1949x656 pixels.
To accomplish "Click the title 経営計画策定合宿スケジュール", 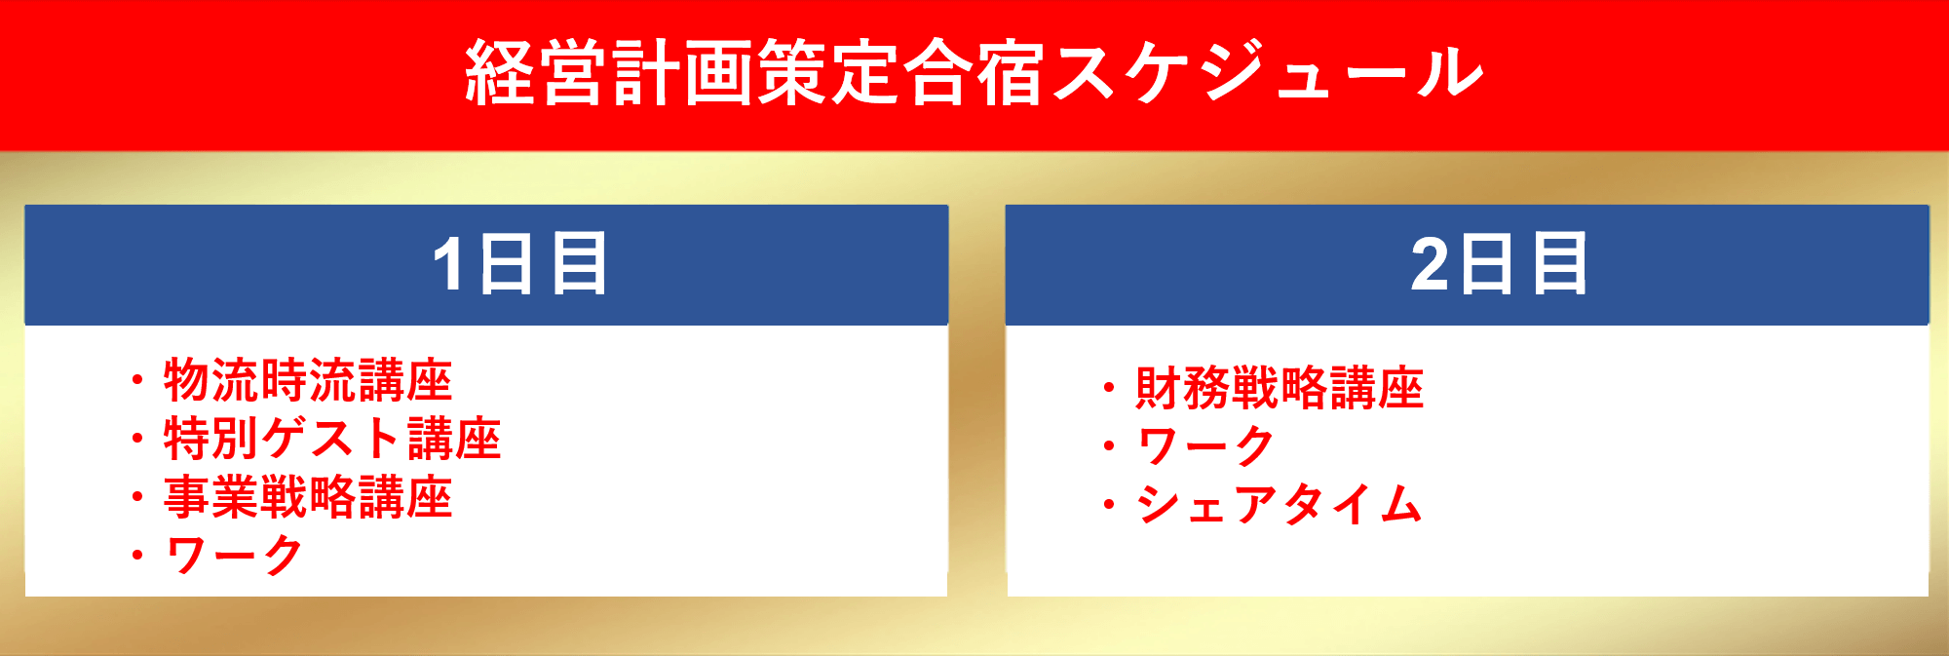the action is (974, 72).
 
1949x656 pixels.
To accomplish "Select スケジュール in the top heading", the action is (1267, 72).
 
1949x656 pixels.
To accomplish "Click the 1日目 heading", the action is (520, 263).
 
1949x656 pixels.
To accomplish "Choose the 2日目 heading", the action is (1499, 263).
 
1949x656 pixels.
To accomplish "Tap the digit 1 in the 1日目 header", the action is (449, 264).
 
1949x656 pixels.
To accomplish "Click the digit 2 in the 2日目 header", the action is (1431, 264).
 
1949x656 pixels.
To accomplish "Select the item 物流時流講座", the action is (308, 380).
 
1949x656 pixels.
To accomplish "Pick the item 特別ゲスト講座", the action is (332, 439).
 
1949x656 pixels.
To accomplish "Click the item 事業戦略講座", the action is (308, 497).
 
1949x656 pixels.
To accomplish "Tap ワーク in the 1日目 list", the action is (235, 556).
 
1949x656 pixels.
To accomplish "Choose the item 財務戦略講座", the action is (1280, 388).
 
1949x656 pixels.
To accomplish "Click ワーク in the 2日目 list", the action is (1206, 446).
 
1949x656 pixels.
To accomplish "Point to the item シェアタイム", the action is (1280, 505).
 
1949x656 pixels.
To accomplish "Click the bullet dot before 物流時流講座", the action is (137, 380).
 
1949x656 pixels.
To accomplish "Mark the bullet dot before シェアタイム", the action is (1109, 505).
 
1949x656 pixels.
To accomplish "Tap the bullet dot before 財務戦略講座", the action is (1109, 388).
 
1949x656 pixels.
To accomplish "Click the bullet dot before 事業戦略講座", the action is (137, 497).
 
